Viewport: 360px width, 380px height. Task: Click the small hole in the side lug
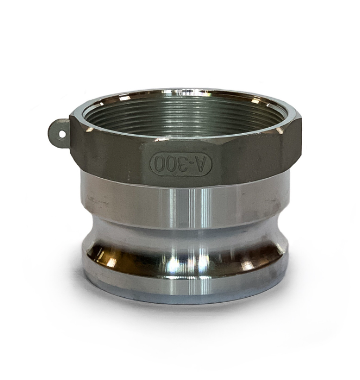(x=62, y=134)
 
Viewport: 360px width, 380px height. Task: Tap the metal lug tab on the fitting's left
(x=60, y=133)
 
